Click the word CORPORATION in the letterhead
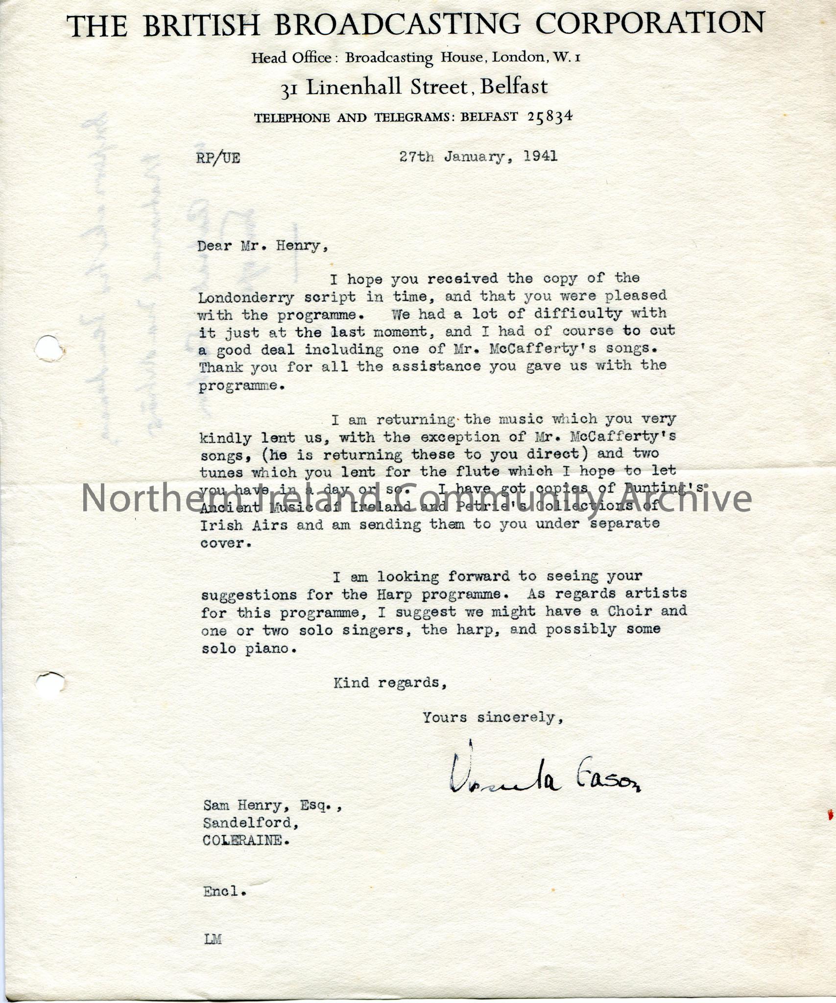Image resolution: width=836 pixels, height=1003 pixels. pyautogui.click(x=650, y=23)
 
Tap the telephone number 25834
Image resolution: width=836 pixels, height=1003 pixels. pyautogui.click(x=550, y=117)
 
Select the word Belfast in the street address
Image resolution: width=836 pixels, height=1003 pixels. pyautogui.click(x=514, y=87)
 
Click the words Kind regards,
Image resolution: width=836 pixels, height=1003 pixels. pyautogui.click(x=390, y=682)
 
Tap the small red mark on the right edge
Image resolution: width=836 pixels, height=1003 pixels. pyautogui.click(x=830, y=815)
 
